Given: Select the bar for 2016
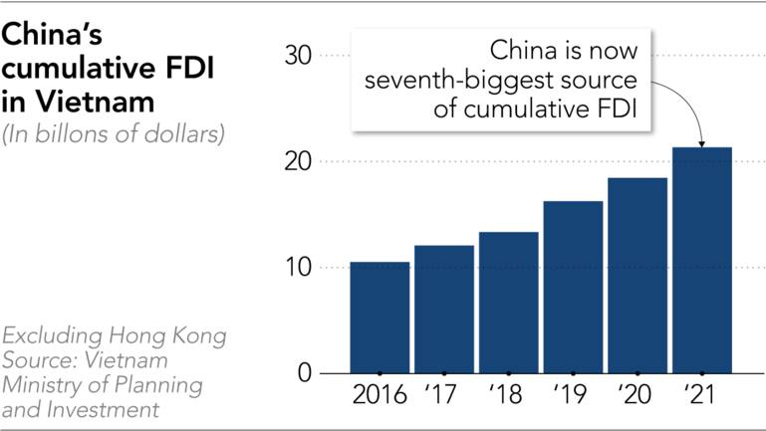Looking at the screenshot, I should [380, 318].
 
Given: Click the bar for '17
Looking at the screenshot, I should [444, 310].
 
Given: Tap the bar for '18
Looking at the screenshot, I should [508, 303].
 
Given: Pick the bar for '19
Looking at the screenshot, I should [573, 288].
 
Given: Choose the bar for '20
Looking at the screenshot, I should [638, 276].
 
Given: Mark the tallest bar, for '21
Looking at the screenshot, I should [701, 261].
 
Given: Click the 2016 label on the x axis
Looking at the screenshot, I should [380, 394].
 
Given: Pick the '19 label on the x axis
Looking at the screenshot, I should [573, 394].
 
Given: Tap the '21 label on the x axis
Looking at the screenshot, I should [701, 394].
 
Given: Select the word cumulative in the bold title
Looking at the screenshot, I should [76, 70].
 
